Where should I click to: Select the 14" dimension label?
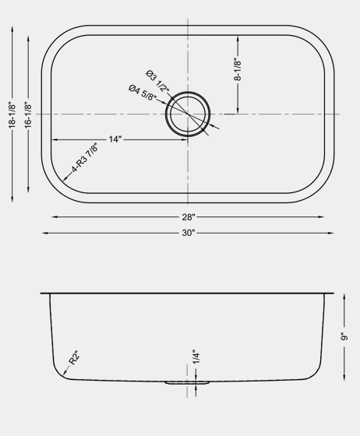[115, 139]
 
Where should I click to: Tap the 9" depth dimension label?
[343, 336]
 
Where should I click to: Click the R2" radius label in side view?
[75, 357]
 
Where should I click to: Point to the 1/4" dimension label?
[196, 357]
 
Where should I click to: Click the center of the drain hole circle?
[188, 114]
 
